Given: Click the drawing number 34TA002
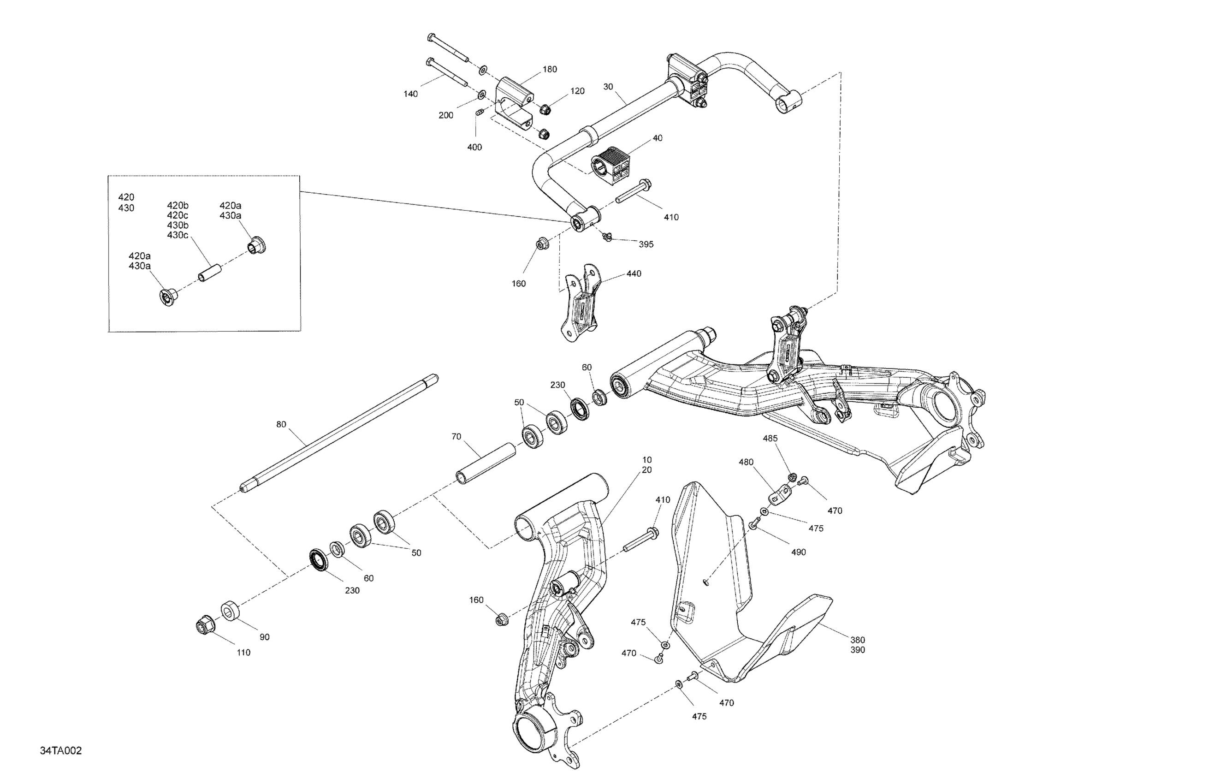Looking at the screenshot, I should point(61,751).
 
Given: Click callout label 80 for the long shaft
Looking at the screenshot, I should point(281,424).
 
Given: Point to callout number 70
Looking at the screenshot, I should point(456,436).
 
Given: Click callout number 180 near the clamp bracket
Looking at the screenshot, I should point(550,69).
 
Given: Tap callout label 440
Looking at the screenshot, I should point(634,273).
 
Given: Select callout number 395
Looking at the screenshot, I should point(646,244).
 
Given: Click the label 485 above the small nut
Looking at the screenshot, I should point(770,439).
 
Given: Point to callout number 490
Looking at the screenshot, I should point(799,552).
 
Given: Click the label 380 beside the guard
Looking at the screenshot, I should point(858,640).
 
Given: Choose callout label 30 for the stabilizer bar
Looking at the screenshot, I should point(608,87).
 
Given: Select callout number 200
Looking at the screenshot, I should point(445,116).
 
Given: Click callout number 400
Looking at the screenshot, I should point(474,148).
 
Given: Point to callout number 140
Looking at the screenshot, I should point(410,94).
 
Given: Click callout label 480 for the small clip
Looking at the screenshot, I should point(746,463).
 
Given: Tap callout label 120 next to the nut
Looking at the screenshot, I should point(577,91).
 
